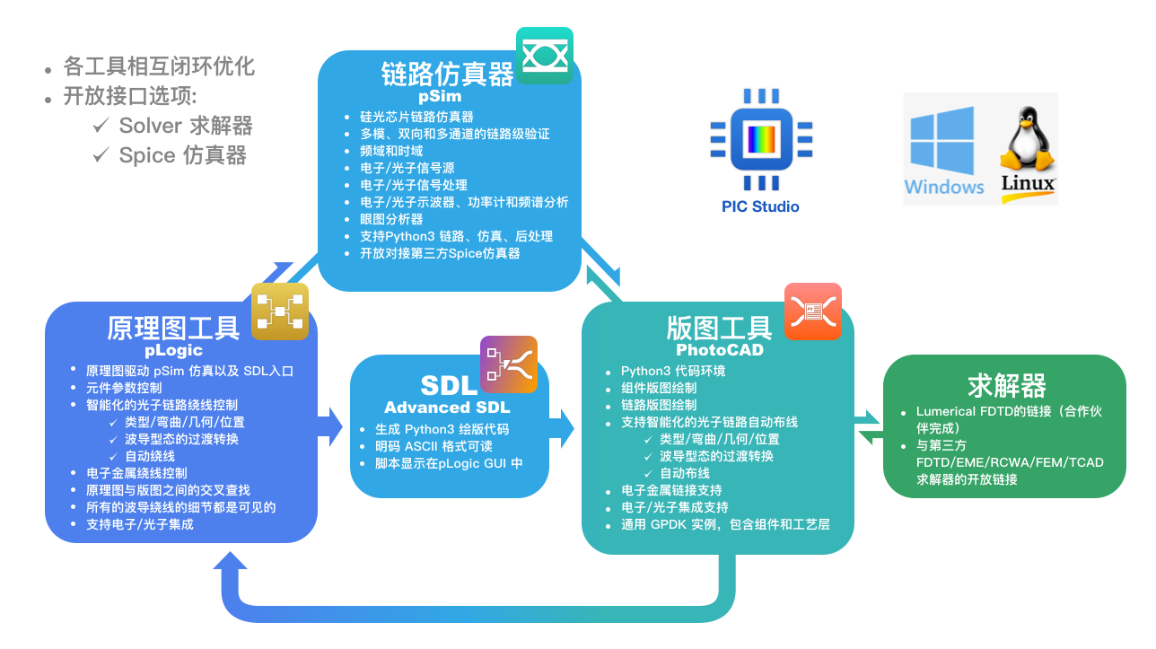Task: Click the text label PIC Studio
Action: tap(760, 206)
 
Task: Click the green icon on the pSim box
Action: tap(544, 56)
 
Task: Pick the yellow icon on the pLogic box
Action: tap(279, 311)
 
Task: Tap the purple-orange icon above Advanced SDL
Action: tap(508, 364)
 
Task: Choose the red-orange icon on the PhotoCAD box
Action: tap(812, 311)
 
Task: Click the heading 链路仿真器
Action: tap(447, 74)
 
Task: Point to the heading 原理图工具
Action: tap(173, 329)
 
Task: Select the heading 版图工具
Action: tap(719, 328)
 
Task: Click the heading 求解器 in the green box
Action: tap(1007, 386)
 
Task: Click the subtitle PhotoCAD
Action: tap(720, 350)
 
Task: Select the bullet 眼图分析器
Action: tap(391, 219)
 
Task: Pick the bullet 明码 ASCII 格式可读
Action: tap(433, 446)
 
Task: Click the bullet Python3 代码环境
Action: tap(673, 371)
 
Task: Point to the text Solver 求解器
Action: tap(186, 126)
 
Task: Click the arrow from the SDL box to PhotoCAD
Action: tap(563, 427)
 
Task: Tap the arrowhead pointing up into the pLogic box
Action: tap(231, 564)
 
